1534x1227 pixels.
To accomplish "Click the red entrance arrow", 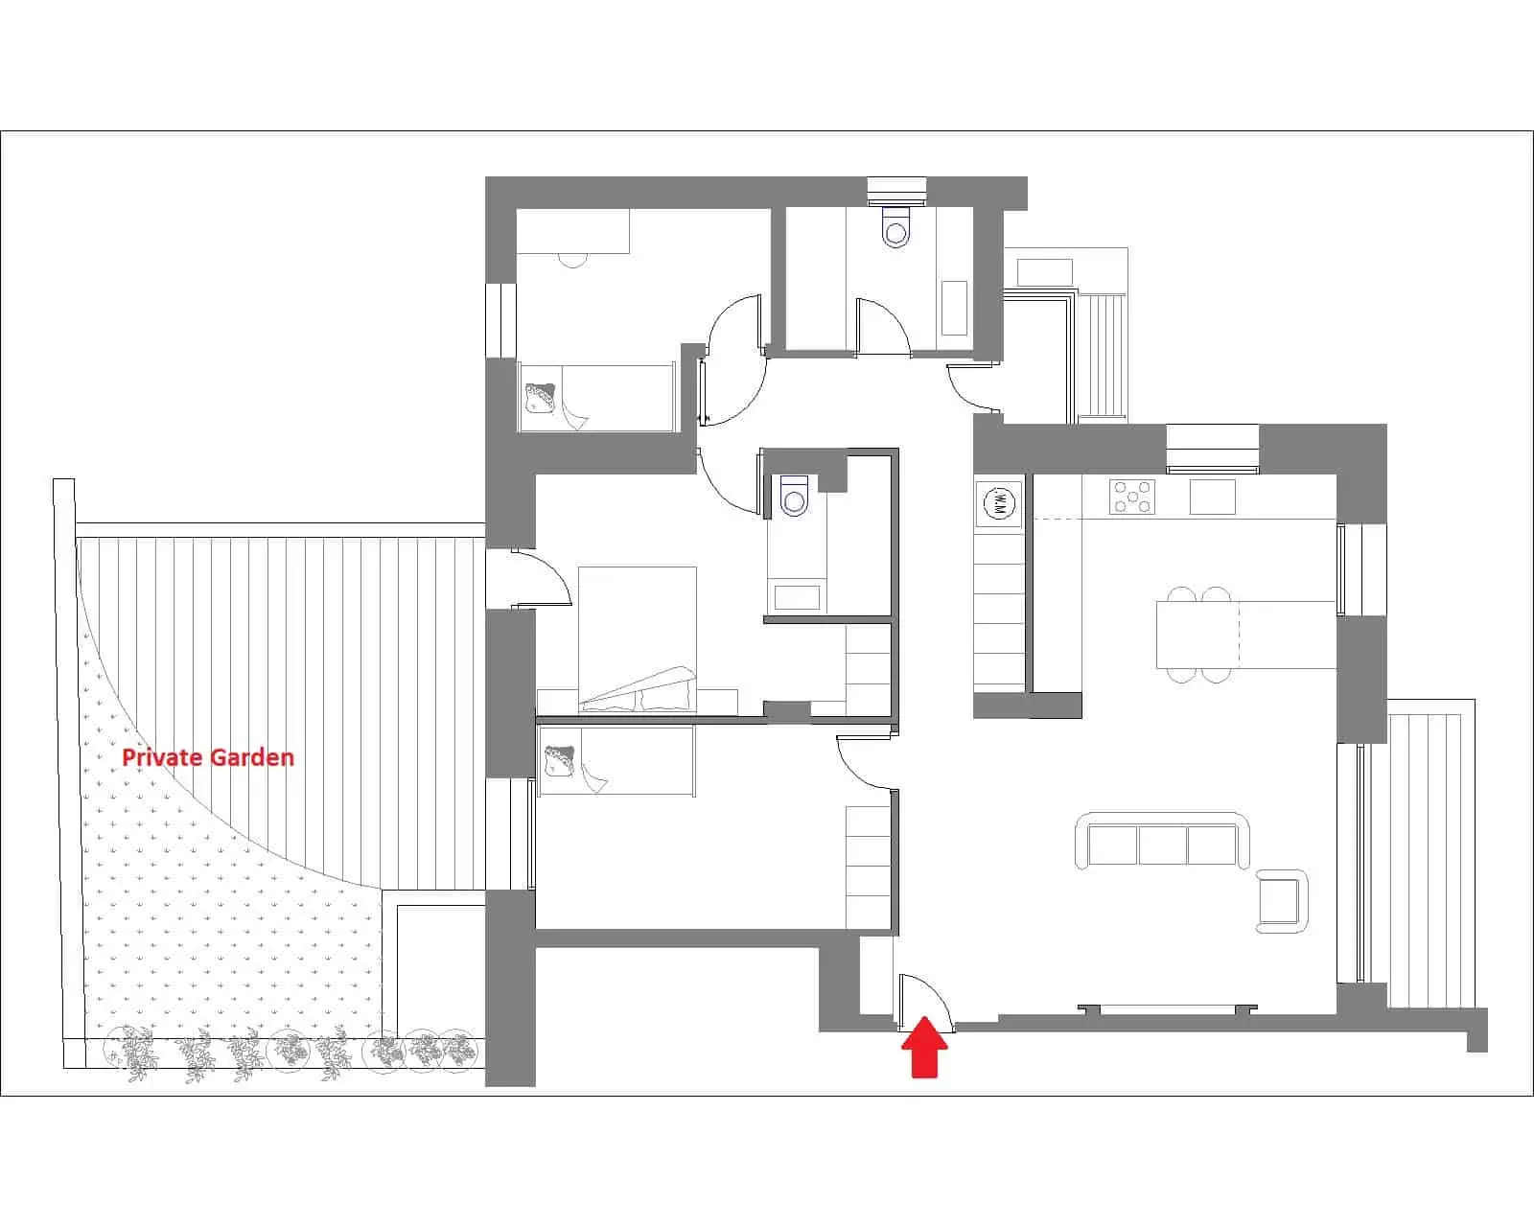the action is (x=924, y=1046).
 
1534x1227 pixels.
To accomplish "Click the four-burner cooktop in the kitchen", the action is (x=1132, y=497).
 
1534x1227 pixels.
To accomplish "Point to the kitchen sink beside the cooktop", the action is (x=1212, y=497).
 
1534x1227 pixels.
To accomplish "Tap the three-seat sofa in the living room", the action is (x=1162, y=842).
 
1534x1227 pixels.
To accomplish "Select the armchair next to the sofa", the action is (x=1281, y=900).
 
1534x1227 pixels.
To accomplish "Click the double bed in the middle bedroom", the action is (x=637, y=639).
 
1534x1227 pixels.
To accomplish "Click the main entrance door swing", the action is (x=924, y=1002).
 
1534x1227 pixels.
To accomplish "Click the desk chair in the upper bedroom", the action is (x=571, y=260).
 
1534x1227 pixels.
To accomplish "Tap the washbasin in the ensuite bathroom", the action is (x=797, y=597).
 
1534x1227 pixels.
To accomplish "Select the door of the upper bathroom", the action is (x=883, y=326).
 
